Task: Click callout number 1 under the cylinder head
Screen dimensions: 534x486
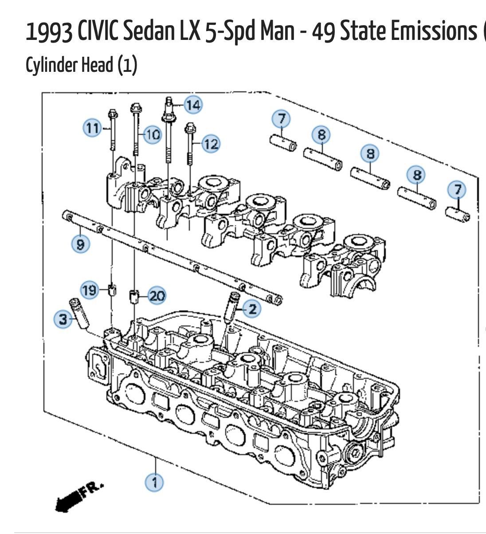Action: point(155,482)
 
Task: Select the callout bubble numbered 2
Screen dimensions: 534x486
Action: point(252,309)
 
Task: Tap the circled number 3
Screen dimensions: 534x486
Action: point(63,318)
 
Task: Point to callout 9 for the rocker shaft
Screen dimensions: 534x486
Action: point(80,244)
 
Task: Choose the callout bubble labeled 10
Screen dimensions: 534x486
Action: point(152,133)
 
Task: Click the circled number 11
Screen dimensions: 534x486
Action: point(92,129)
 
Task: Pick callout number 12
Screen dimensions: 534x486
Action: point(211,144)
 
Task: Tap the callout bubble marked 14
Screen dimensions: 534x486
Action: point(193,105)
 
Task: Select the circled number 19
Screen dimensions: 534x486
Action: point(89,291)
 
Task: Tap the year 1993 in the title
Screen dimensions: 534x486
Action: point(49,32)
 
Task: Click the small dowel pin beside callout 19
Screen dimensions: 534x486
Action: point(112,291)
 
